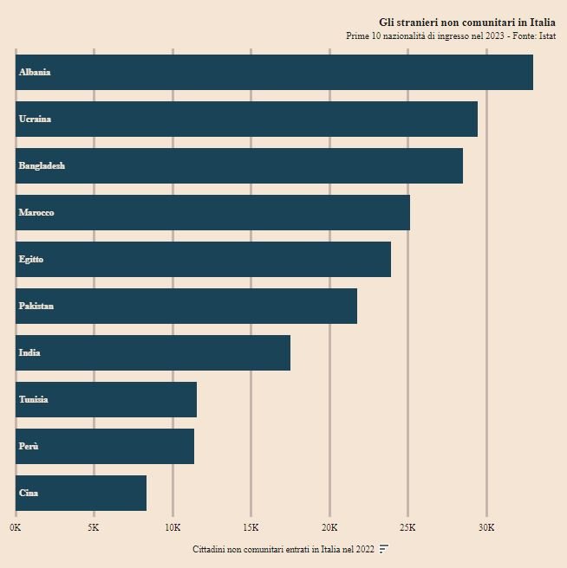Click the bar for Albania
point(274,72)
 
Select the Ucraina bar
point(246,119)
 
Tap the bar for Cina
point(81,493)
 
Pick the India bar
point(153,352)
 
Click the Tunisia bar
point(106,399)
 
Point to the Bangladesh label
point(42,165)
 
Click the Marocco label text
point(36,212)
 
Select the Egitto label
point(31,259)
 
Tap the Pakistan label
point(36,306)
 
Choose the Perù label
point(29,446)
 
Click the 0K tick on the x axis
point(15,527)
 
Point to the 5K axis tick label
point(94,527)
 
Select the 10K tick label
point(173,527)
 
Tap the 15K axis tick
point(251,527)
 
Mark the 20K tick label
point(329,527)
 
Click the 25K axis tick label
point(407,527)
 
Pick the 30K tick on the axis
point(486,527)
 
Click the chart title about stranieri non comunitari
point(467,22)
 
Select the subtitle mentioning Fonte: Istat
point(451,36)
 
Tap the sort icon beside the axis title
point(384,549)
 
